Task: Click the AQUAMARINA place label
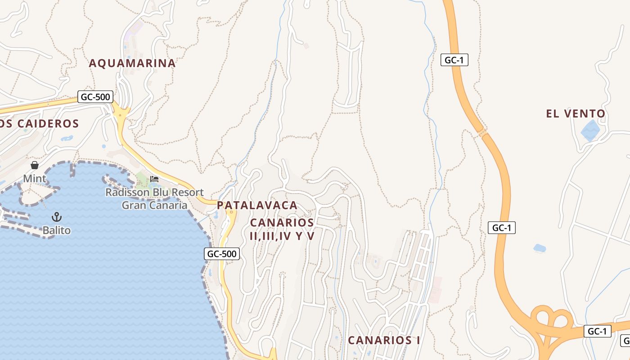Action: [132, 63]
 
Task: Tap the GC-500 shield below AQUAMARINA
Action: [95, 97]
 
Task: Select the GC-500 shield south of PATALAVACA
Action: [222, 254]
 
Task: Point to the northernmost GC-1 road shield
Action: [454, 60]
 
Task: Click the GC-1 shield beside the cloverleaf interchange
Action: [598, 332]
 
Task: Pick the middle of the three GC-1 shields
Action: [501, 228]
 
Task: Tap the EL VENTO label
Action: [576, 114]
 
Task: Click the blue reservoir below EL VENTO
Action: [590, 130]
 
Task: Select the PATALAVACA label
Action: [257, 205]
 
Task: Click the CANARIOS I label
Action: [384, 340]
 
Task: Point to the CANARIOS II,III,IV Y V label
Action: [282, 229]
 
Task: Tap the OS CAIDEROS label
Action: [40, 124]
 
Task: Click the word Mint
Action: [35, 179]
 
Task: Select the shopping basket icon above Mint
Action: [35, 166]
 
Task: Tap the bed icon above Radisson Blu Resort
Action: [154, 179]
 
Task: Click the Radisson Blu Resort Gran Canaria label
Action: [154, 199]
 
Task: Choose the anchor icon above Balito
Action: [57, 217]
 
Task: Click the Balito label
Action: [57, 230]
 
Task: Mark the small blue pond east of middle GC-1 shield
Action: [539, 248]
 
